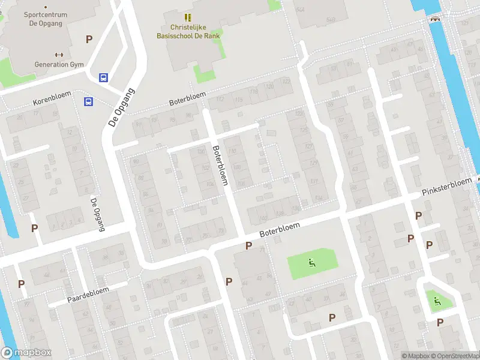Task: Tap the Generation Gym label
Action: tap(59, 64)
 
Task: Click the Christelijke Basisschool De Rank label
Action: tap(187, 31)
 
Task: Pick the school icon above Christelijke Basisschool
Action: tap(187, 17)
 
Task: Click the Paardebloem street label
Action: tap(88, 294)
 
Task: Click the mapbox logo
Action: tap(26, 352)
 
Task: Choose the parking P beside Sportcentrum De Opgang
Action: tap(89, 40)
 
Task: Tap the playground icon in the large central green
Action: tap(311, 262)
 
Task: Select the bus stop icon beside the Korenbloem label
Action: tap(89, 101)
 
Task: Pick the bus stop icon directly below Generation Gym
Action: tap(103, 77)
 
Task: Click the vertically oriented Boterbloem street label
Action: tap(220, 164)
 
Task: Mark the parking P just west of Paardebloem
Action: tap(22, 284)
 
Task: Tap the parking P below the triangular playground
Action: tap(440, 323)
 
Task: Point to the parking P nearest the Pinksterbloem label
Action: tap(419, 215)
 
